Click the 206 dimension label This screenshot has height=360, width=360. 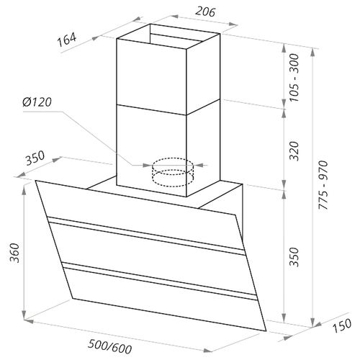tap(205, 12)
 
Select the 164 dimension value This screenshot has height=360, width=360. tap(67, 40)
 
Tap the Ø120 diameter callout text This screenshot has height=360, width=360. tap(37, 102)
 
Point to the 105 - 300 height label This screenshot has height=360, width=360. tap(294, 78)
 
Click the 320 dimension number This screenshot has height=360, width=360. tap(294, 151)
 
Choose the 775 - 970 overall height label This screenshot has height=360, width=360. tap(323, 185)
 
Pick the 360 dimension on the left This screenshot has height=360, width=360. tap(15, 253)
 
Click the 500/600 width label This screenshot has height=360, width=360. tap(110, 346)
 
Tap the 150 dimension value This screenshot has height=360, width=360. tap(342, 325)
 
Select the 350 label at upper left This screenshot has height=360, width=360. tap(35, 158)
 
